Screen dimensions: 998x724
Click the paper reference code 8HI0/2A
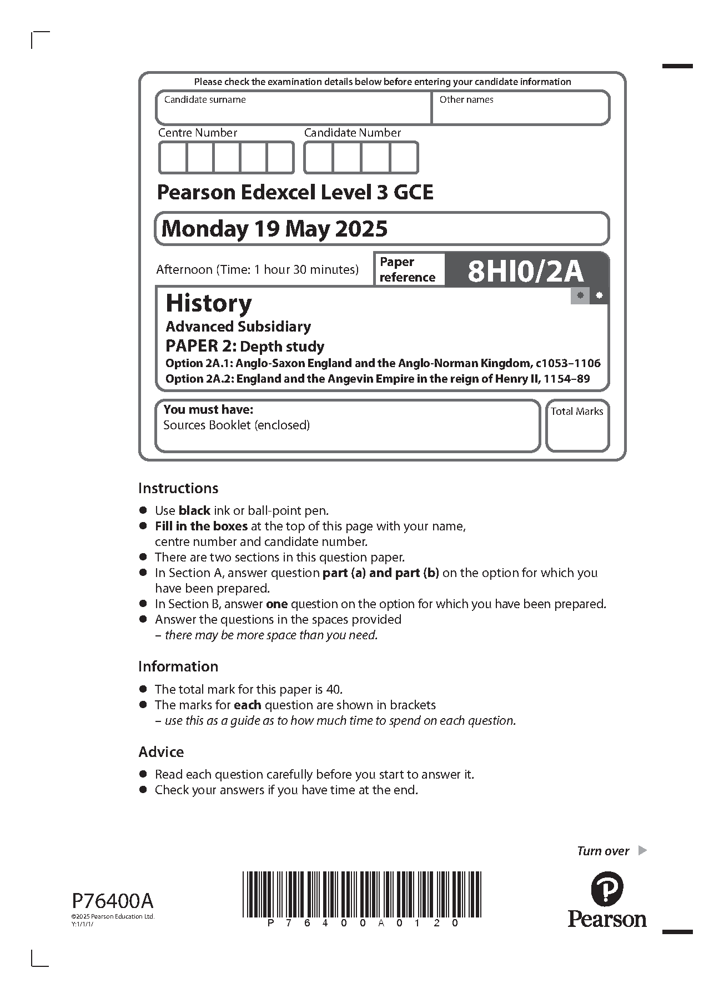pyautogui.click(x=525, y=271)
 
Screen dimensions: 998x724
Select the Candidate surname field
pyautogui.click(x=293, y=111)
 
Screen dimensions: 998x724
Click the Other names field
pyautogui.click(x=520, y=111)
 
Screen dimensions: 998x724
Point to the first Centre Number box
pyautogui.click(x=173, y=158)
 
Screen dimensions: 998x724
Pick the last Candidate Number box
pyautogui.click(x=404, y=158)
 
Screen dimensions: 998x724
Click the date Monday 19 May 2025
pyautogui.click(x=274, y=229)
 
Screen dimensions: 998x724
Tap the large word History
pyautogui.click(x=209, y=303)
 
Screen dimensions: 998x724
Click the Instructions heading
pyautogui.click(x=178, y=488)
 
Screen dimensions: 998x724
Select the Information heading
pyautogui.click(x=178, y=666)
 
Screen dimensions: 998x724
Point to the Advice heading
pyautogui.click(x=161, y=752)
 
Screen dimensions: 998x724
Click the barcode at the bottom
pyautogui.click(x=362, y=894)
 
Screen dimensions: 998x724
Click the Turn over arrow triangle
pyautogui.click(x=642, y=850)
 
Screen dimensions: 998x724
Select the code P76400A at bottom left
pyautogui.click(x=112, y=900)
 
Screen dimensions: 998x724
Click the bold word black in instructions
pyautogui.click(x=194, y=510)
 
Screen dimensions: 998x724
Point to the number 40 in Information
pyautogui.click(x=333, y=689)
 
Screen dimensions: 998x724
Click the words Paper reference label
pyautogui.click(x=408, y=269)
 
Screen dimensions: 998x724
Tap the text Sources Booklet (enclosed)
pyautogui.click(x=237, y=425)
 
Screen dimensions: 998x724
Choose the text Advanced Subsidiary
pyautogui.click(x=238, y=327)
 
